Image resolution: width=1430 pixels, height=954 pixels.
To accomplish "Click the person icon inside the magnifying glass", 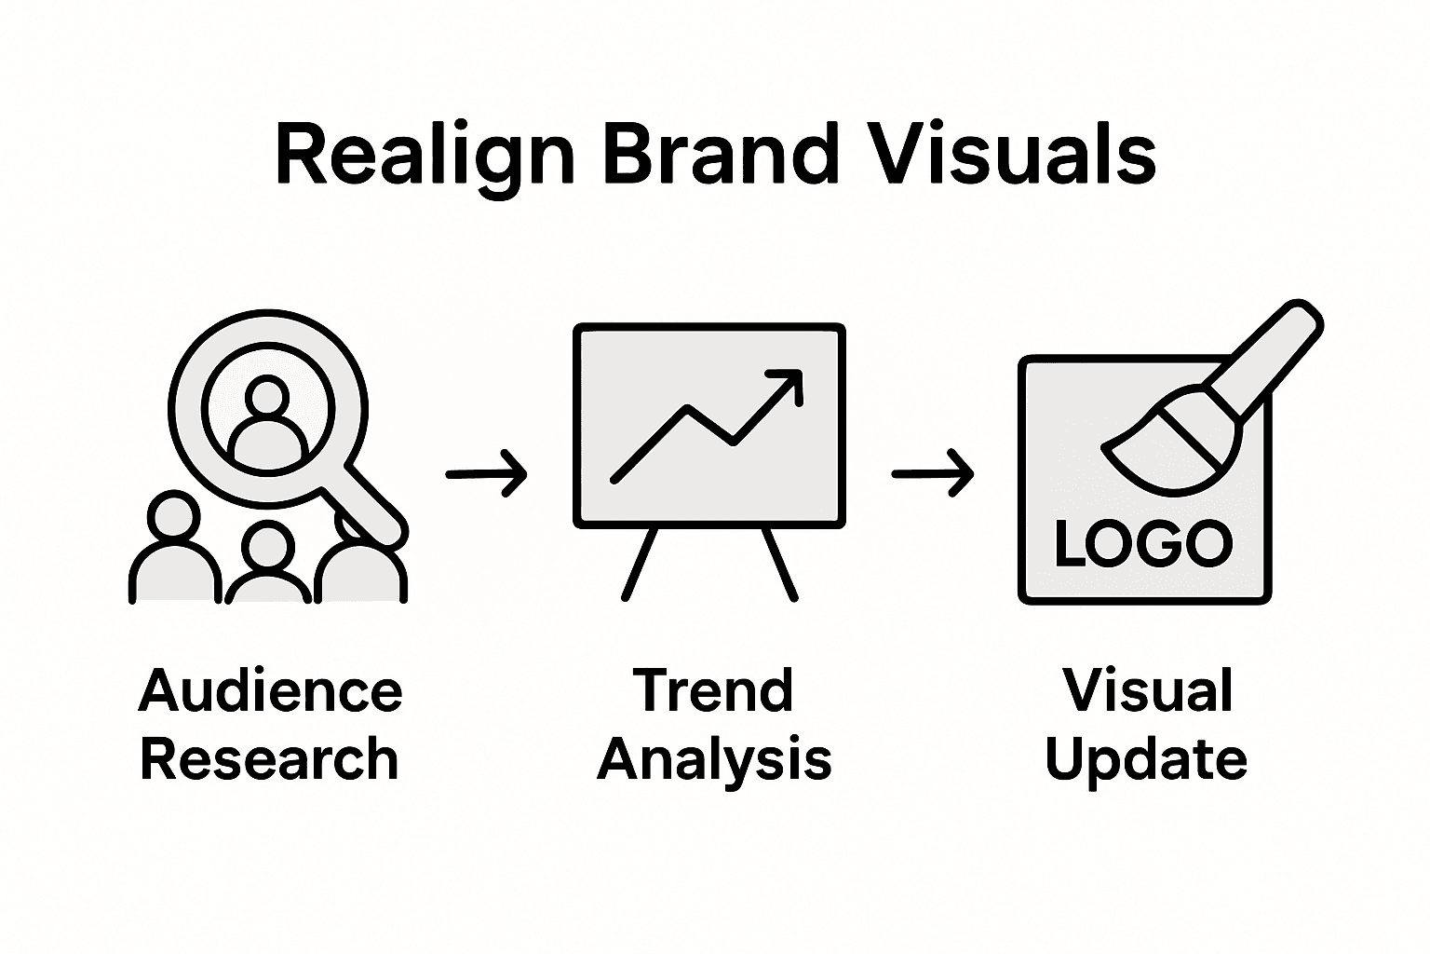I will (x=268, y=421).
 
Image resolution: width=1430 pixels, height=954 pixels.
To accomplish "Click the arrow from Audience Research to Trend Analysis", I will (x=486, y=473).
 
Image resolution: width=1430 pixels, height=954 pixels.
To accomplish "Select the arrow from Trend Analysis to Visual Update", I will (x=932, y=473).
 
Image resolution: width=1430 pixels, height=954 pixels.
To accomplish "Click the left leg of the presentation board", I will (x=641, y=563).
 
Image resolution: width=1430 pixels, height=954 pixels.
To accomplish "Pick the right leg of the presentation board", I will (x=780, y=563).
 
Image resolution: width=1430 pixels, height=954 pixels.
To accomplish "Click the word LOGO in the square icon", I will (x=1143, y=544).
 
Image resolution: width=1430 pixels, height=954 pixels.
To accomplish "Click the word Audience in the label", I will (x=270, y=691).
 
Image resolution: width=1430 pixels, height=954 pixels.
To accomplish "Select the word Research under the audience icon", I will (x=269, y=758).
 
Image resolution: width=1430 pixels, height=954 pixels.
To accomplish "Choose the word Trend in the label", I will (x=713, y=691).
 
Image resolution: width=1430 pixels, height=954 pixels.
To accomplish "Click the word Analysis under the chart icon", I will (x=714, y=760).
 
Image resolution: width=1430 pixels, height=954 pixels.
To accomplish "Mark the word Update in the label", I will (x=1146, y=760).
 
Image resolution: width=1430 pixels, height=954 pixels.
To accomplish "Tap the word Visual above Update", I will (x=1147, y=691).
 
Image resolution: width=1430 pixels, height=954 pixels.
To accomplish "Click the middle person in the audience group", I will (x=268, y=565).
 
